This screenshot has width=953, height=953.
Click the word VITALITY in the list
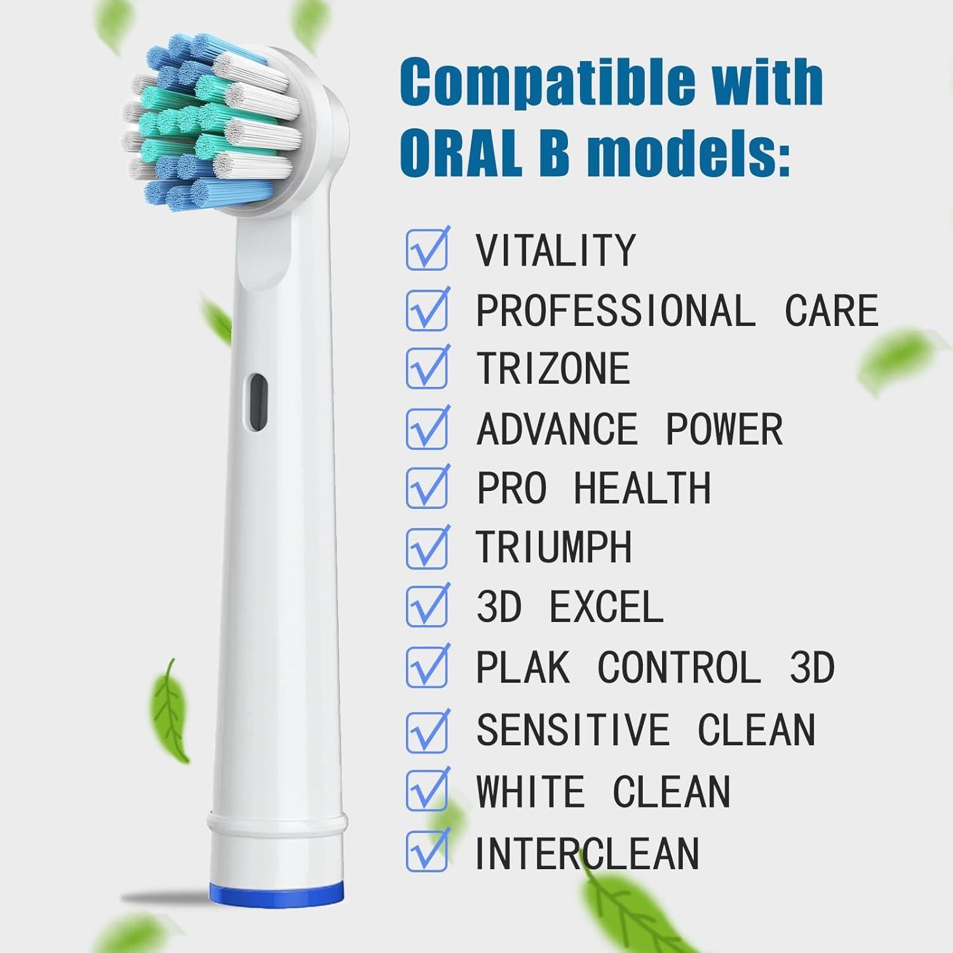[556, 250]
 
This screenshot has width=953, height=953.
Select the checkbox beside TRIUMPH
[426, 548]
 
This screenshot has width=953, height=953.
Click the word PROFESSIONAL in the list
[613, 311]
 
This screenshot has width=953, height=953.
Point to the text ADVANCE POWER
[629, 429]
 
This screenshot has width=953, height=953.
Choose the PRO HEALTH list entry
[593, 489]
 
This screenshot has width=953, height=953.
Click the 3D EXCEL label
[570, 607]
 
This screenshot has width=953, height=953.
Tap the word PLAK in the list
[523, 668]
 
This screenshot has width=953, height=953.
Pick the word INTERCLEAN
[587, 853]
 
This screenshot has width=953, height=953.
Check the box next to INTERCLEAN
[426, 851]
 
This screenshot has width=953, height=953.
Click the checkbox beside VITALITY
[426, 250]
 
